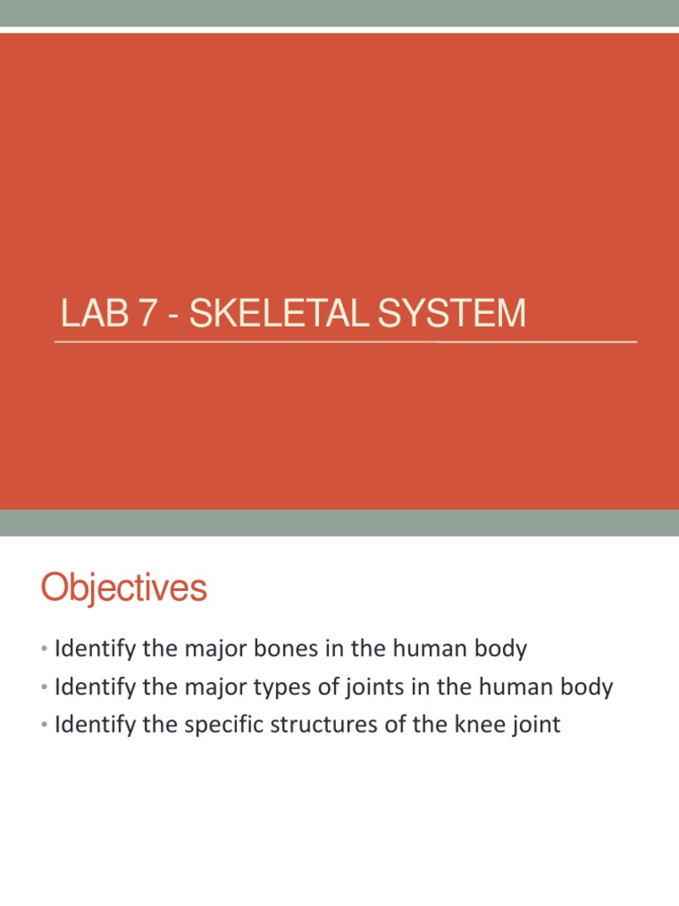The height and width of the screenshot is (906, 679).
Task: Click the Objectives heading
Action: tap(124, 588)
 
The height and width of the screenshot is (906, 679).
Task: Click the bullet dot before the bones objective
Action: tap(44, 650)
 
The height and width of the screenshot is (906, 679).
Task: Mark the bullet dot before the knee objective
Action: tap(44, 727)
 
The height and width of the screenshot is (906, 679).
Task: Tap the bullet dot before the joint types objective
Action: tap(44, 688)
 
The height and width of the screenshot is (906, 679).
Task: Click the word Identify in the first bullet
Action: tap(93, 649)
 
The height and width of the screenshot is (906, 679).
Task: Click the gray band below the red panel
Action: tap(339, 522)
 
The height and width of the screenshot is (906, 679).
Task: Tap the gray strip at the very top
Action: tap(339, 12)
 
